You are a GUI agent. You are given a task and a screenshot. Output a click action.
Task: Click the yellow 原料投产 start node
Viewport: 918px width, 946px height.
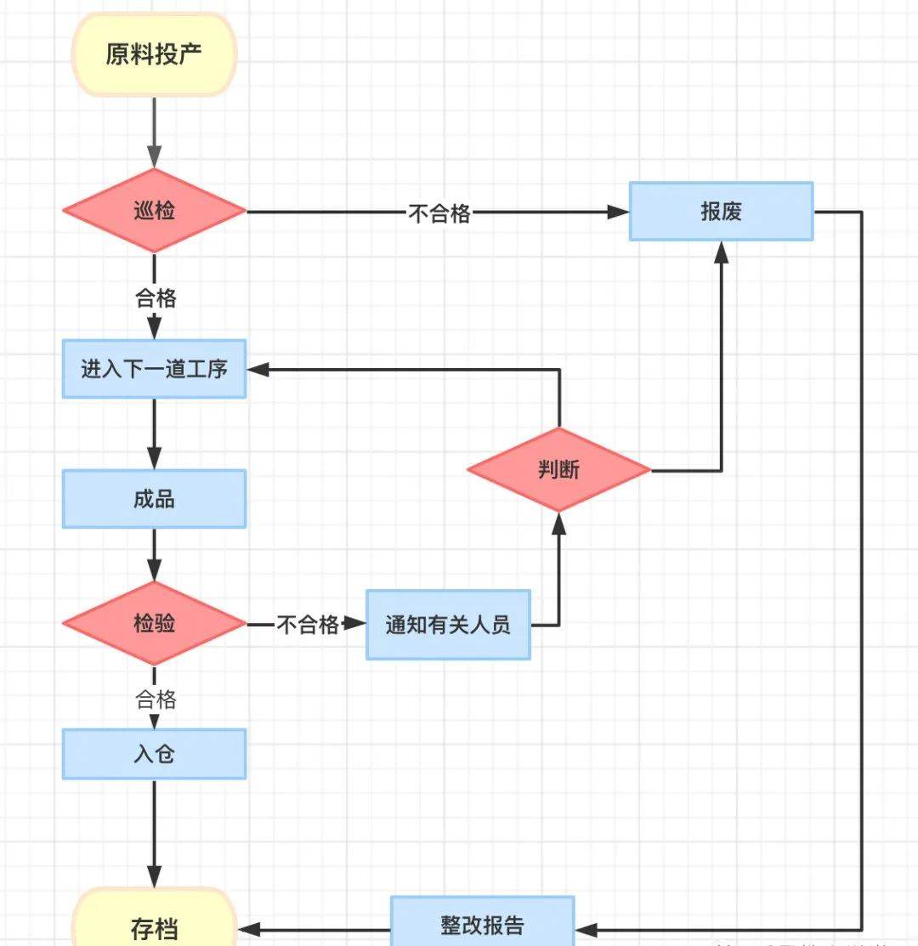point(154,55)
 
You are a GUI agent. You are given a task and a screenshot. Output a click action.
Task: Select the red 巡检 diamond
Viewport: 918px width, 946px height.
point(154,211)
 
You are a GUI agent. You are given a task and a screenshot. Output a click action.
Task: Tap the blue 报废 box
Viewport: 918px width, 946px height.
point(721,212)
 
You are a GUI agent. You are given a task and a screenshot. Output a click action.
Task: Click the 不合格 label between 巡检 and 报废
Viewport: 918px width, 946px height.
point(439,212)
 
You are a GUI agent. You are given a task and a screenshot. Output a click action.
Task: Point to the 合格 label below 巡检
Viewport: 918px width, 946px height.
point(156,297)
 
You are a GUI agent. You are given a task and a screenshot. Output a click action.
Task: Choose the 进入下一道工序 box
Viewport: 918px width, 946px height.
point(154,369)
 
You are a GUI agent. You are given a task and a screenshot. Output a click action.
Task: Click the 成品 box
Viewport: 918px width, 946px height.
point(154,499)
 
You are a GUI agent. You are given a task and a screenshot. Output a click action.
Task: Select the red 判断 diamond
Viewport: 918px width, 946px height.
point(558,469)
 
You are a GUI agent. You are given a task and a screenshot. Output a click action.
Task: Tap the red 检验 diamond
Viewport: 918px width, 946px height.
point(154,623)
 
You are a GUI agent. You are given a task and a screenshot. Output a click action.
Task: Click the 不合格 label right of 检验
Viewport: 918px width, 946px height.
point(307,626)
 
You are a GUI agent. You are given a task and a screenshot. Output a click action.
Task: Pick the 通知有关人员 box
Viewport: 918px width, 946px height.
point(448,626)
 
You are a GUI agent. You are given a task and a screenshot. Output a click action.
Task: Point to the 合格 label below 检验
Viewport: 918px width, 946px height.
point(156,700)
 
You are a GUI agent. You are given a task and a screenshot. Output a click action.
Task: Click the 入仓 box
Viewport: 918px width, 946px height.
point(154,754)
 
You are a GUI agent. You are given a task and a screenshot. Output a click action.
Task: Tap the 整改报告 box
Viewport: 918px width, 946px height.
point(482,925)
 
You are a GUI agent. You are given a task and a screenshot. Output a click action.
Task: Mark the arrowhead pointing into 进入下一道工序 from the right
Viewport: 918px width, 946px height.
point(258,369)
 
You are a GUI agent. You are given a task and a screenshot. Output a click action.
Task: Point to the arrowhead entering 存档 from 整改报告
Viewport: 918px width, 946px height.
point(247,930)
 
